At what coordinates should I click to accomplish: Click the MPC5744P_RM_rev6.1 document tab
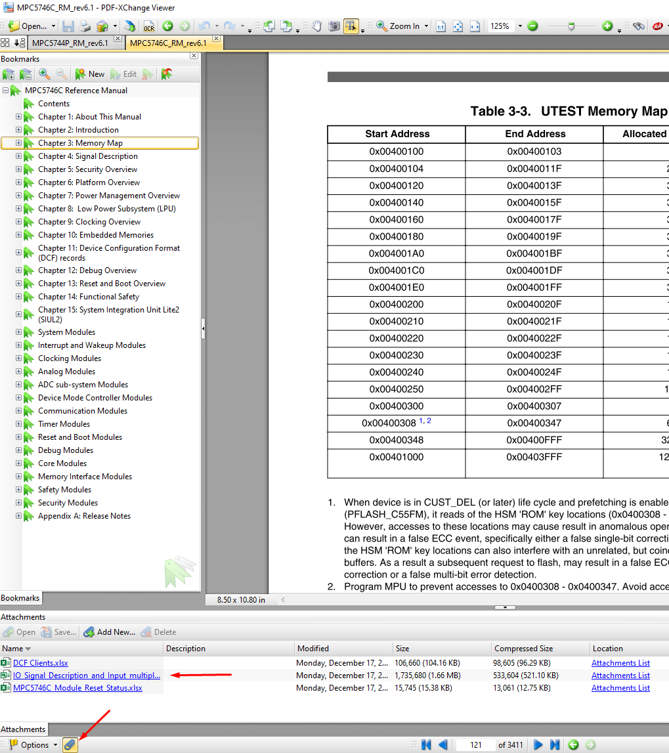70,43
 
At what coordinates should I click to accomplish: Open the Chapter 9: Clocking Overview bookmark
89,222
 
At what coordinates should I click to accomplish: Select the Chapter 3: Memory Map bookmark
80,143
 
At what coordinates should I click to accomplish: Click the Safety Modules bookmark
64,490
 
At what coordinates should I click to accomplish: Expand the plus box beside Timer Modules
19,424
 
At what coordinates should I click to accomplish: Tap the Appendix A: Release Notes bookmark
84,516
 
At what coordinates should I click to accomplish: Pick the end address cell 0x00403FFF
534,457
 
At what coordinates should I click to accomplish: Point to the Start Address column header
397,134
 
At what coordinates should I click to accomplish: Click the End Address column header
535,134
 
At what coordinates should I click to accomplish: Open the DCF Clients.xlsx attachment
40,663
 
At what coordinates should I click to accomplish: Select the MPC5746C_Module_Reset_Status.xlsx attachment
77,688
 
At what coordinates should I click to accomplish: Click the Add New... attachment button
110,632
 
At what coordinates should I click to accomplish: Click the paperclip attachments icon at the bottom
70,744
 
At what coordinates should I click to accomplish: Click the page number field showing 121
476,744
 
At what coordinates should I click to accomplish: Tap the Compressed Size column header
523,649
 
